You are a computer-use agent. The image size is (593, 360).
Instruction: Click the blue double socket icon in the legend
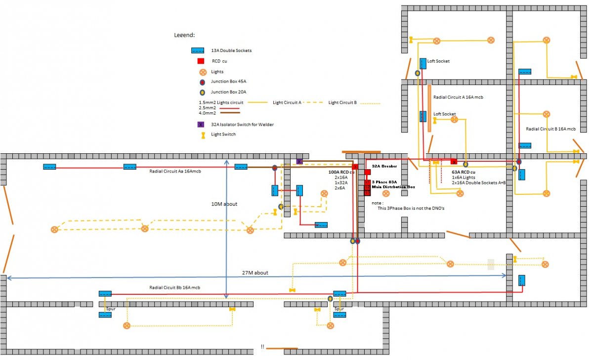[198, 50]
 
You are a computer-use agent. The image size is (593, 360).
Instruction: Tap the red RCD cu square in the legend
[201, 61]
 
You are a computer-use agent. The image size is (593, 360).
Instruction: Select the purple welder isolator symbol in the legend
[201, 124]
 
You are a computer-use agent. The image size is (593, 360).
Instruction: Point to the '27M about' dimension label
[255, 272]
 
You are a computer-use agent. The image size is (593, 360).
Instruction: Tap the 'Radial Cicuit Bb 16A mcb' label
[174, 287]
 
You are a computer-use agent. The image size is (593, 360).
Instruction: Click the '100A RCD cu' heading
[341, 172]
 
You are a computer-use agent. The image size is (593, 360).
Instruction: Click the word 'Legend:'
[184, 36]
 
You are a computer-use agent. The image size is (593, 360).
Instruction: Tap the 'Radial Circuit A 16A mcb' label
[458, 97]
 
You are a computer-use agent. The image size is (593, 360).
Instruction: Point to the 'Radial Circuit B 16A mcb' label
[551, 129]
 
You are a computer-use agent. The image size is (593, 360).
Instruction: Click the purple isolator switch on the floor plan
[299, 161]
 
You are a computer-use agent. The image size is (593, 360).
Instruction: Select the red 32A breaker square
[368, 172]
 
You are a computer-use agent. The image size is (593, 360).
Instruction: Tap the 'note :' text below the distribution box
[378, 203]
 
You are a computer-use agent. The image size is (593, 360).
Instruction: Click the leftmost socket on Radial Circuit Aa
[49, 167]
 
